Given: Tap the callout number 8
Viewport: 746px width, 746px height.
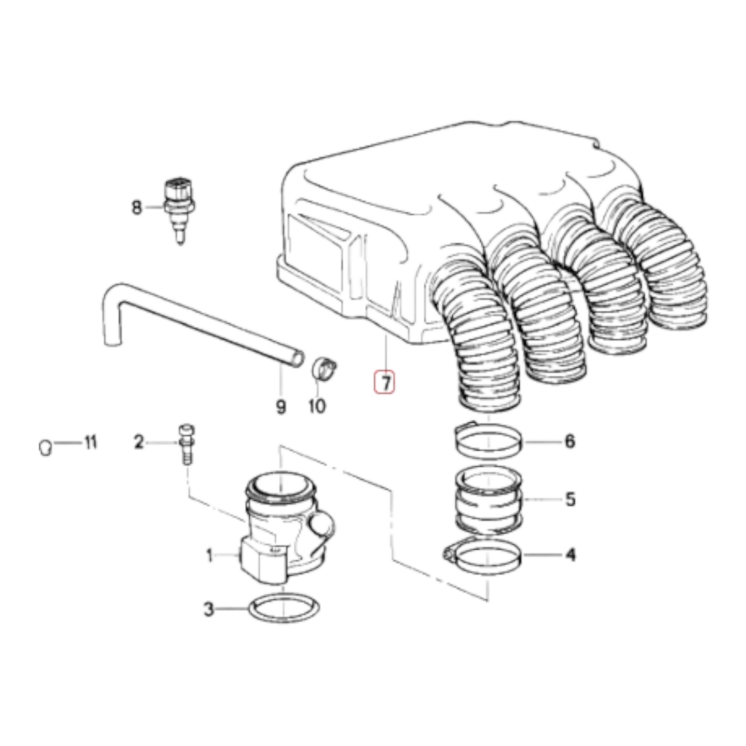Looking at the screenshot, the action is pyautogui.click(x=137, y=208).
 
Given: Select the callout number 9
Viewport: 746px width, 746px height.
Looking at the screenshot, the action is pyautogui.click(x=281, y=407).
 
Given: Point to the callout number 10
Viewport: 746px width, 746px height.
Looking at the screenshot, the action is pyautogui.click(x=317, y=406).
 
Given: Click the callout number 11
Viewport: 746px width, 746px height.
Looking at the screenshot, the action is pyautogui.click(x=90, y=442).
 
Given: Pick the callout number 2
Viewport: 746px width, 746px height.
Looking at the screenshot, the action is pyautogui.click(x=138, y=442).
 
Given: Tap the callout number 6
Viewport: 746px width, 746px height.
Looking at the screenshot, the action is pyautogui.click(x=570, y=441).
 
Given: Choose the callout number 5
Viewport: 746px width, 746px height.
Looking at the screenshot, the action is pyautogui.click(x=570, y=499).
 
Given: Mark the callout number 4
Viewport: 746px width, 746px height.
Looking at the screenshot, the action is pyautogui.click(x=570, y=555).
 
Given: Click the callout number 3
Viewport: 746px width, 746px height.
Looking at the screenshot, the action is pyautogui.click(x=209, y=610).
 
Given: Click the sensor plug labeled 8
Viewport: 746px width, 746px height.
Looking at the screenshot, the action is pyautogui.click(x=180, y=211).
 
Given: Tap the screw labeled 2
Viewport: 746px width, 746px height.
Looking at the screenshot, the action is pyautogui.click(x=186, y=445).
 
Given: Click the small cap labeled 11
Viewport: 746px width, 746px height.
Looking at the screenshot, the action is pyautogui.click(x=45, y=448).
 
